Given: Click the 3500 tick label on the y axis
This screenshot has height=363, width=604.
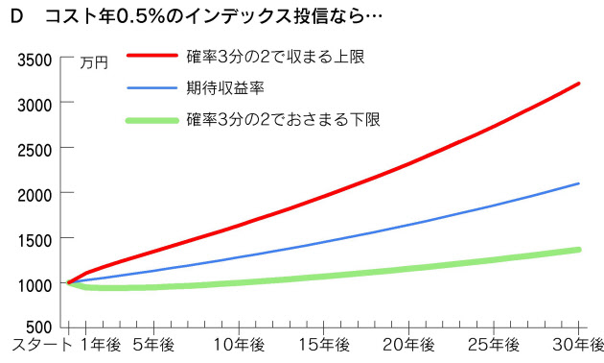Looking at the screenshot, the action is (35, 60).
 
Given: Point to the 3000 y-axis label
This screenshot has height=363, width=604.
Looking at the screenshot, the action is (35, 106).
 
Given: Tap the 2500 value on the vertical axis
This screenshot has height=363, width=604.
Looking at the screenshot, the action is (35, 151).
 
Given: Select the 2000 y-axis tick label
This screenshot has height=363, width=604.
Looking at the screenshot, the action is (35, 196).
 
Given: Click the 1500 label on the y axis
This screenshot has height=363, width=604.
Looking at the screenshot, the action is (35, 241).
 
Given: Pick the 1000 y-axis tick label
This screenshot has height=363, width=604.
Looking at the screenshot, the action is (35, 286).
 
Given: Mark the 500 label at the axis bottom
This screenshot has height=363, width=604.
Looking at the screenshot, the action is (39, 327).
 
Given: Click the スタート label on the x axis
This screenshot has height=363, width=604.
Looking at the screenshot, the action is (42, 346).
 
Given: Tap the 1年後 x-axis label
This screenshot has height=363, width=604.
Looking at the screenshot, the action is (101, 346).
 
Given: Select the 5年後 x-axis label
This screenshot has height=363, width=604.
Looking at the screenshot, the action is (153, 346).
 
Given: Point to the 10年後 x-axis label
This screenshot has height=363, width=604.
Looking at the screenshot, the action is (239, 346).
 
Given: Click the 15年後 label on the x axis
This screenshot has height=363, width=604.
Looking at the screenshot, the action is (324, 346).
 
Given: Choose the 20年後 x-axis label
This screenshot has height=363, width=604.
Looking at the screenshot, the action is (408, 346).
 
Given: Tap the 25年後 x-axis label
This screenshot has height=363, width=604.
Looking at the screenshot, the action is (494, 346).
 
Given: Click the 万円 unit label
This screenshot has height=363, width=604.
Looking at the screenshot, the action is (94, 63).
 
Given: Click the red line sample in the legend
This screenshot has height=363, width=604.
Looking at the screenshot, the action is (152, 56).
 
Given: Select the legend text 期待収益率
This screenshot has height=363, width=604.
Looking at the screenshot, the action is (225, 88).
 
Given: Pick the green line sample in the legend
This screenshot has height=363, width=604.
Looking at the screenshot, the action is (152, 121).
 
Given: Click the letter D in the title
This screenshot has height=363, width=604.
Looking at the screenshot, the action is (17, 16).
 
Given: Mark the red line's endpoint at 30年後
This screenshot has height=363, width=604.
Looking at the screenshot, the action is (578, 84).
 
